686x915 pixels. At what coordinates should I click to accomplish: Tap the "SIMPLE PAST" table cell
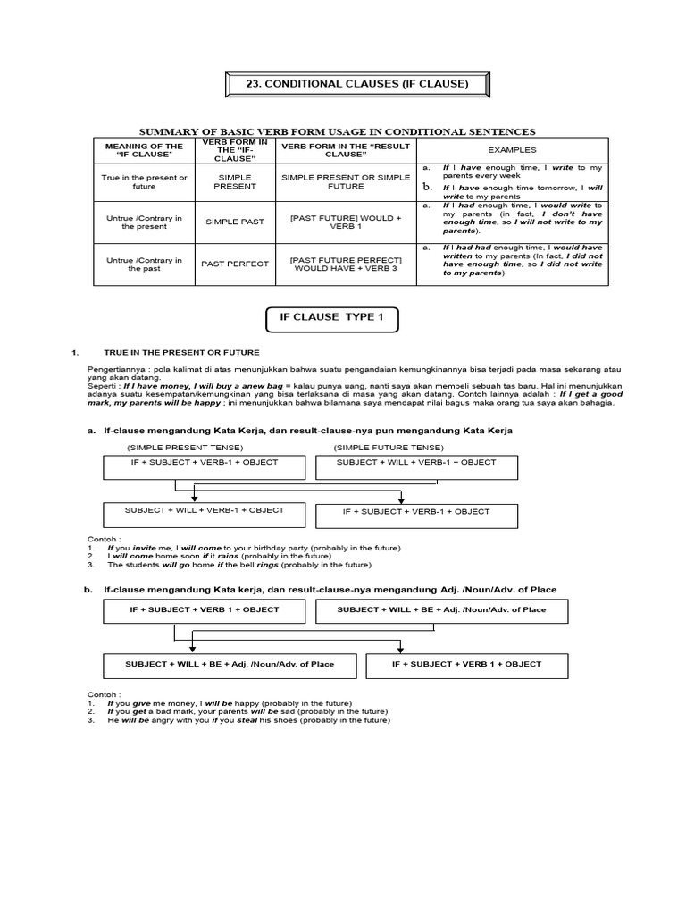click(235, 221)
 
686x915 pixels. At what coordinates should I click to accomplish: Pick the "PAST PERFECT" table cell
click(235, 265)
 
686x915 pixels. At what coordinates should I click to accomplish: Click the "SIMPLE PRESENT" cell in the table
click(235, 182)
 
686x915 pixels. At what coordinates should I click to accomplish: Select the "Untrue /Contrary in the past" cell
click(144, 264)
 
